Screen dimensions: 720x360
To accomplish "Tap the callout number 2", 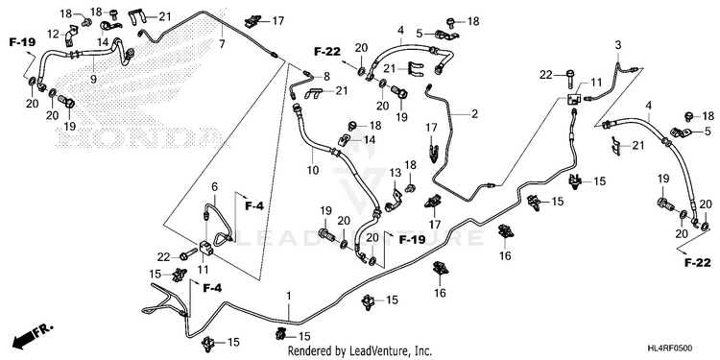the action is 474,114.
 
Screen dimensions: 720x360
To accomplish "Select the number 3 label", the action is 618,45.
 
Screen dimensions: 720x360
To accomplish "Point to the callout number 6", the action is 214,186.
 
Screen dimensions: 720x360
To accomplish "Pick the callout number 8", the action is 326,76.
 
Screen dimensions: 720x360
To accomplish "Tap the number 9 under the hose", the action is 94,79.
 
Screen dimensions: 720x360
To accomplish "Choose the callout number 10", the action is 313,170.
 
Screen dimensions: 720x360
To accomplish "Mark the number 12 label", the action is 54,34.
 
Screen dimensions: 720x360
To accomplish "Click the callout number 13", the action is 396,173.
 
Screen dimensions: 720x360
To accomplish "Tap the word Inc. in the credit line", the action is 423,351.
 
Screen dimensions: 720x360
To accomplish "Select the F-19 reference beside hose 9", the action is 21,42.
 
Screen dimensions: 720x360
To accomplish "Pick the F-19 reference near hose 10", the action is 412,239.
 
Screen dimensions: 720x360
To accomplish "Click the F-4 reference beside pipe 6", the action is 254,206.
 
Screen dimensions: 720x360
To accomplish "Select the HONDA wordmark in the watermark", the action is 136,136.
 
